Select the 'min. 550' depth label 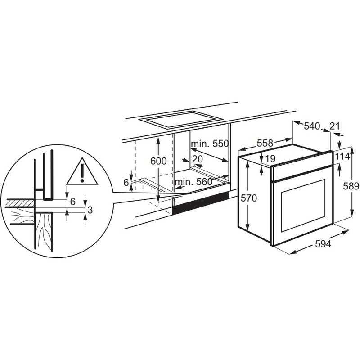coord(209,144)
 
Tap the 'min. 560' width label coord(194,182)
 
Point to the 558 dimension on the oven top coord(265,143)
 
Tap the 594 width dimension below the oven coord(323,244)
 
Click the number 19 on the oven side coord(270,159)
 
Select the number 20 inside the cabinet coord(197,159)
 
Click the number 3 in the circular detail coord(90,210)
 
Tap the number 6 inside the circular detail coord(72,201)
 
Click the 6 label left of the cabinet coord(126,182)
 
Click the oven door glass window coord(302,206)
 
